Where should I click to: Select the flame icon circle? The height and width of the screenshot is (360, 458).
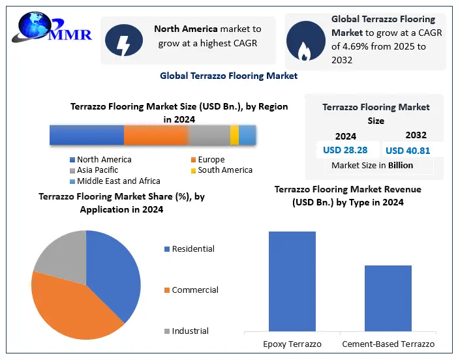[x=305, y=40]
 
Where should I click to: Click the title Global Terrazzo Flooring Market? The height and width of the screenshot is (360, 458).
[x=228, y=76]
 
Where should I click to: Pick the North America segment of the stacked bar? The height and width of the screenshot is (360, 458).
[x=86, y=135]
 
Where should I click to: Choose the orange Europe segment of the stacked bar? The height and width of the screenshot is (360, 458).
[x=155, y=135]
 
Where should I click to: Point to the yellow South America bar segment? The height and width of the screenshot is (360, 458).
[x=234, y=135]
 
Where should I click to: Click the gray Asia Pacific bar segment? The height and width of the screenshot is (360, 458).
[x=209, y=135]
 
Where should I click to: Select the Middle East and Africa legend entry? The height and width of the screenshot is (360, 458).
[x=114, y=181]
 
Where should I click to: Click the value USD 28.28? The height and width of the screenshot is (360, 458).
[x=345, y=150]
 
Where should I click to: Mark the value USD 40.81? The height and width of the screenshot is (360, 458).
[x=408, y=151]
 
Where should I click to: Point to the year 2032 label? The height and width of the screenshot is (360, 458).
[x=416, y=135]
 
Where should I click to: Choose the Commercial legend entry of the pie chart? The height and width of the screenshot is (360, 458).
[x=194, y=290]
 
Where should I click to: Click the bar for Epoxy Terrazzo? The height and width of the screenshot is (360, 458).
[x=292, y=281]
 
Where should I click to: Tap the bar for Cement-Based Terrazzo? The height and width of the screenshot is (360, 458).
[x=388, y=298]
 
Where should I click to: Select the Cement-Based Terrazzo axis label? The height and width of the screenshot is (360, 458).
[x=388, y=344]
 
